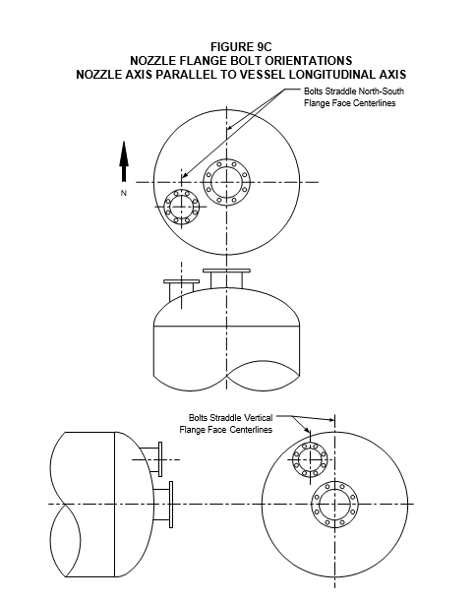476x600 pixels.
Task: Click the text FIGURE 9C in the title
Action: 241,46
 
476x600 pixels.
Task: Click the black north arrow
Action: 124,161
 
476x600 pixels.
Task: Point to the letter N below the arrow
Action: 123,193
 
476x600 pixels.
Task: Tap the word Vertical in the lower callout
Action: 258,417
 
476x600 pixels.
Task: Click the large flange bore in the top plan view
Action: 226,182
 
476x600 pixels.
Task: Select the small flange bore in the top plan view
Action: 181,207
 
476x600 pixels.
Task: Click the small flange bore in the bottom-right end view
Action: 310,458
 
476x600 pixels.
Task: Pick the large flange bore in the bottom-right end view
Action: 334,504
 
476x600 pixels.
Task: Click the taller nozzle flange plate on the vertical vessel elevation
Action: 226,270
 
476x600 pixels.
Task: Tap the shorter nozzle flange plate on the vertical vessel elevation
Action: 181,281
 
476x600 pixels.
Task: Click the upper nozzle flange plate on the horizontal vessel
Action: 160,459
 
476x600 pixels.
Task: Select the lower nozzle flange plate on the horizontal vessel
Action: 171,505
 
